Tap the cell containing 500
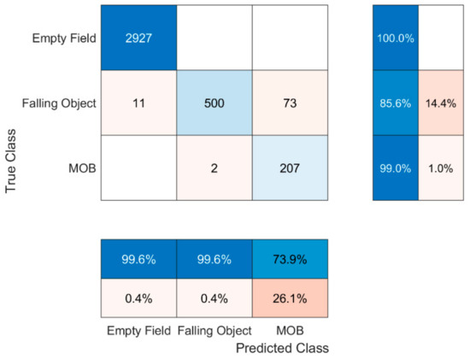point(214,103)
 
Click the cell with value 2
point(214,168)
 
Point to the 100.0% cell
point(395,38)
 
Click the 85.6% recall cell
point(395,103)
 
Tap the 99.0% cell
point(395,168)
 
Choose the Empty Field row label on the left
point(62,38)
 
